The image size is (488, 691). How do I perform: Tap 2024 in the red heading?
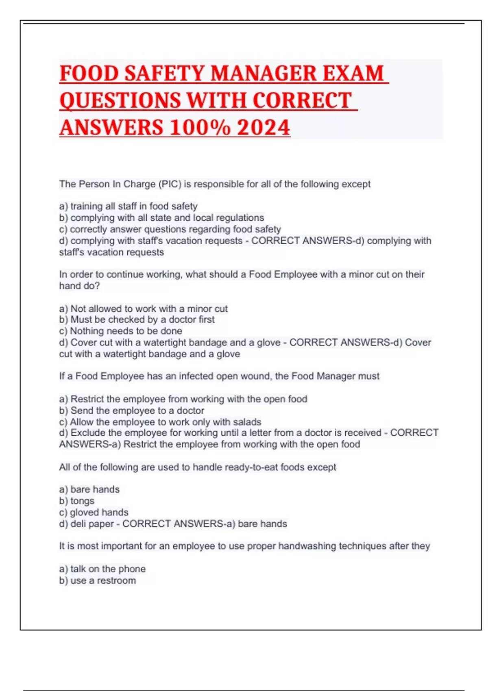tap(264, 128)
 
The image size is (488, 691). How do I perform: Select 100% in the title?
tap(200, 128)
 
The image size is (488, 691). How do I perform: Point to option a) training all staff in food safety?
tap(128, 206)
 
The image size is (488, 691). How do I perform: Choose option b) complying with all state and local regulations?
tap(161, 218)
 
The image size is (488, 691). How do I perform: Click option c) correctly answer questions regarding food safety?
tap(170, 229)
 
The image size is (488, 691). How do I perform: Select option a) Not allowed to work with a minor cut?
tap(143, 309)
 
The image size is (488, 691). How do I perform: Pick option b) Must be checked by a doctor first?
tap(137, 320)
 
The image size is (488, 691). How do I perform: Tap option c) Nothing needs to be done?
tap(120, 331)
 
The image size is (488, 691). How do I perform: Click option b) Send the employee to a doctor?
tap(131, 411)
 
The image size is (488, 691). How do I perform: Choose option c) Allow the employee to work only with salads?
tap(160, 422)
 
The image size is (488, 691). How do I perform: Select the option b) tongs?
tap(76, 501)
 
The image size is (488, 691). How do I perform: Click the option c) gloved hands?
tap(94, 513)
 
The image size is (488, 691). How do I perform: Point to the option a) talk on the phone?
tap(102, 569)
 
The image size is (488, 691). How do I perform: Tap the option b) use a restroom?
tap(97, 580)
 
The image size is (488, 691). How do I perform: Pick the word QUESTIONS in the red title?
tap(120, 101)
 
